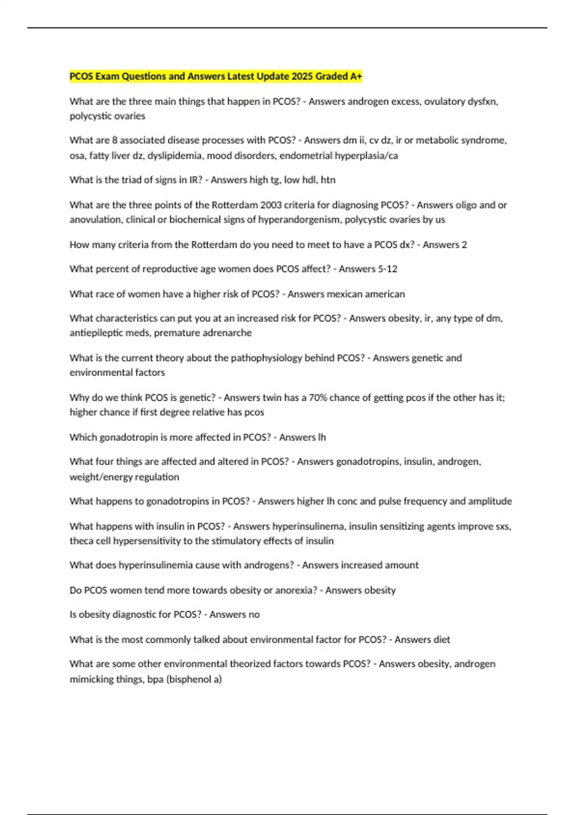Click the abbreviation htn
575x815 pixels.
328,180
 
